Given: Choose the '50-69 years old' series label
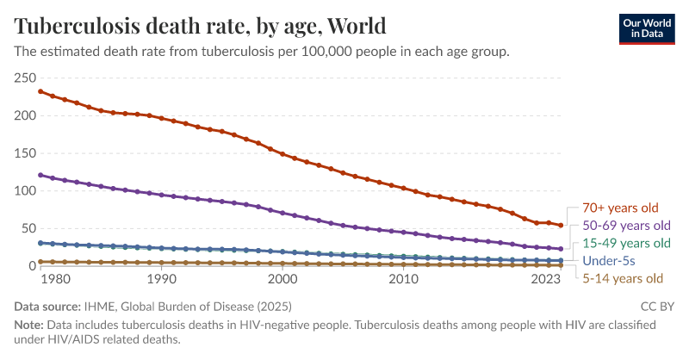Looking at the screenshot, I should [x=620, y=226].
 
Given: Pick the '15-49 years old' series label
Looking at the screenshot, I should [x=620, y=243].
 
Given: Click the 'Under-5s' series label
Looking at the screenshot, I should [x=609, y=260].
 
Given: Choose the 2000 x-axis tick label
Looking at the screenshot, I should [x=282, y=280].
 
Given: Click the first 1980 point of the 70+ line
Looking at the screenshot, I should [x=40, y=91].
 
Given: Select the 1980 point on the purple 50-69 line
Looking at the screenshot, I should [x=40, y=175].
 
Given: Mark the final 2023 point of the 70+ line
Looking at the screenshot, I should [x=561, y=226].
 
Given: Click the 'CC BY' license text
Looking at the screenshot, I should [x=658, y=306].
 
